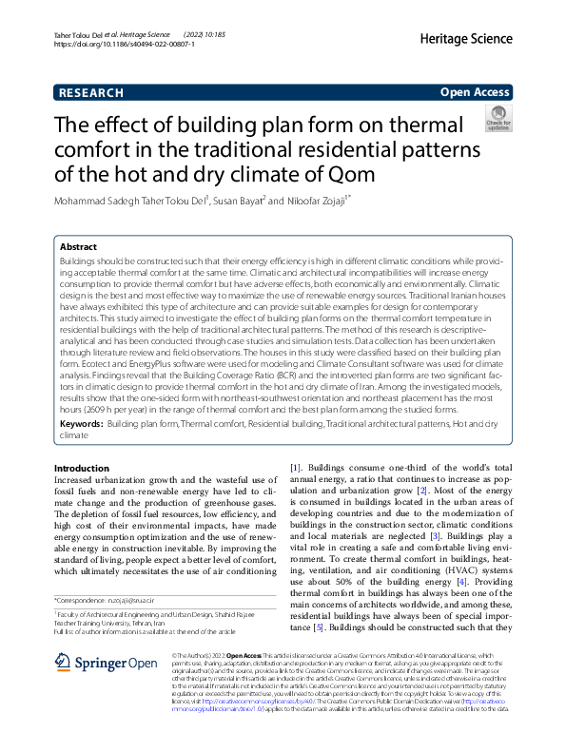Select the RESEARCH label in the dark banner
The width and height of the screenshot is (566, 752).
coord(91,92)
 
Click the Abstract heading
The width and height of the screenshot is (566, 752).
coord(79,245)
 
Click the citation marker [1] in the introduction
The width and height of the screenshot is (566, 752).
coord(295,469)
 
